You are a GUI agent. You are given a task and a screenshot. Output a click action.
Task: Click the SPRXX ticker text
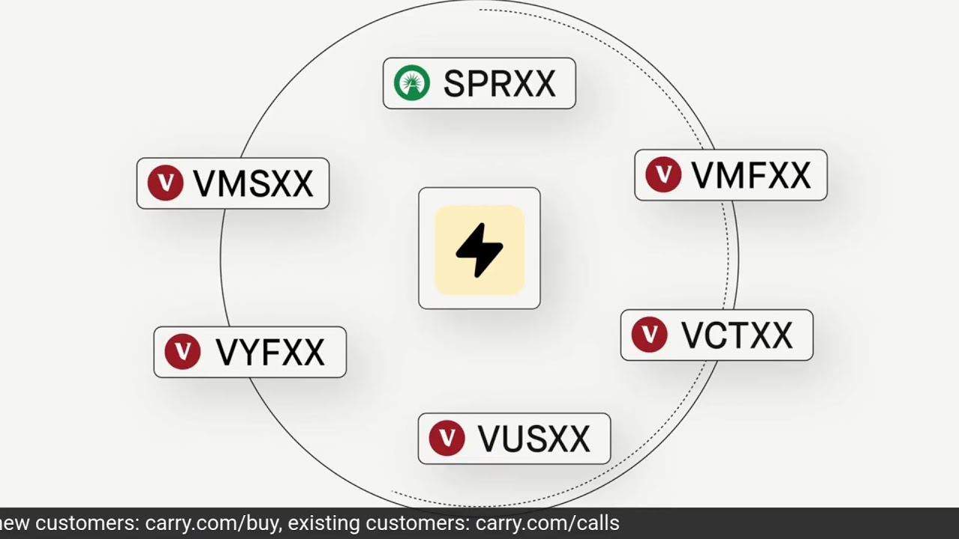pyautogui.click(x=499, y=83)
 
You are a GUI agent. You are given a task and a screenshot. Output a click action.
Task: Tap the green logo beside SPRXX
pyautogui.click(x=412, y=82)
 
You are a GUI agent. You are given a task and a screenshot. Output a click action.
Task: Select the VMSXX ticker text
pyautogui.click(x=252, y=183)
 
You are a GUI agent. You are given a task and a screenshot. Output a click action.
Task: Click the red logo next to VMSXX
pyautogui.click(x=165, y=183)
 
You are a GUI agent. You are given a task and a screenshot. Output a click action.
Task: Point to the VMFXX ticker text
pyautogui.click(x=751, y=175)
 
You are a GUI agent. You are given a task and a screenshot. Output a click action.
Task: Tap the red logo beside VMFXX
pyautogui.click(x=663, y=174)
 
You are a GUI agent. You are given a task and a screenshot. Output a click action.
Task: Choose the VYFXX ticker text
pyautogui.click(x=270, y=352)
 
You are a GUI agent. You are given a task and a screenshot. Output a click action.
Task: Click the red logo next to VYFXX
pyautogui.click(x=182, y=352)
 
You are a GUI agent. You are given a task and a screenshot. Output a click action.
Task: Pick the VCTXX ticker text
pyautogui.click(x=736, y=335)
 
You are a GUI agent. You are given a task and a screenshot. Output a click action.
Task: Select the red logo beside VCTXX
pyautogui.click(x=649, y=335)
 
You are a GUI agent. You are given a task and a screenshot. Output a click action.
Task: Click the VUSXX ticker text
pyautogui.click(x=533, y=439)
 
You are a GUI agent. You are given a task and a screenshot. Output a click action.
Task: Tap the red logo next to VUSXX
pyautogui.click(x=447, y=438)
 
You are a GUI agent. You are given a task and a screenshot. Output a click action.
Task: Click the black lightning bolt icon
pyautogui.click(x=479, y=250)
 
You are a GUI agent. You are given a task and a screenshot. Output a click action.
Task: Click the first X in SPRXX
pyautogui.click(x=519, y=83)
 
